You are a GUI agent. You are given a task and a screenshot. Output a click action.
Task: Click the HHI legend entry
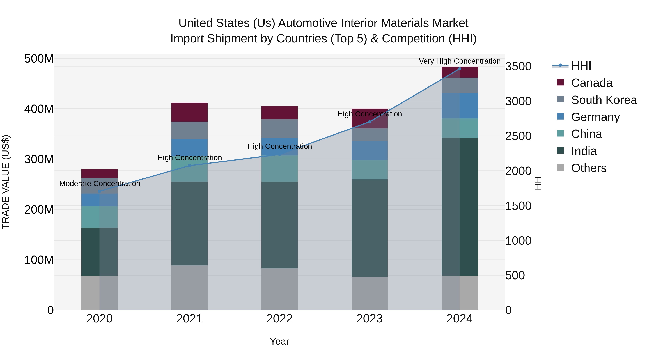(x=581, y=66)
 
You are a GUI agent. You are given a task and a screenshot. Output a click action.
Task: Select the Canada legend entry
(x=591, y=83)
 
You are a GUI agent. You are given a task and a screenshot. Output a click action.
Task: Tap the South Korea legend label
(x=604, y=100)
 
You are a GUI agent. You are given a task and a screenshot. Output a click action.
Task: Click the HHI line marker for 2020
(x=99, y=191)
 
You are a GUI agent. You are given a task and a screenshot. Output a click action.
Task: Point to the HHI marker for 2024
(x=459, y=69)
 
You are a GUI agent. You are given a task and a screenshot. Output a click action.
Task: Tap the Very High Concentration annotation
(x=460, y=61)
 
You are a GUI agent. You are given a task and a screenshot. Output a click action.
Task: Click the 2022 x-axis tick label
(x=279, y=319)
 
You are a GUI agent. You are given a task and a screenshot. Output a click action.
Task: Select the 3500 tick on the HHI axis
(x=518, y=67)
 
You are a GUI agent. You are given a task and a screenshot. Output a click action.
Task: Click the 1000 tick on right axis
(x=518, y=241)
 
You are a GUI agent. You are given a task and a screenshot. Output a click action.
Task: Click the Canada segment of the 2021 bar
(x=189, y=112)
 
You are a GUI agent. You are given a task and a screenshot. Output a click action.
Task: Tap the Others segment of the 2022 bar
(x=279, y=289)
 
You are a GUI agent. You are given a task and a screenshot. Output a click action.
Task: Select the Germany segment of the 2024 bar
(x=459, y=106)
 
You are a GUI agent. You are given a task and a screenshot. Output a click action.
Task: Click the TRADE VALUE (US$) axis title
(x=6, y=182)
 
